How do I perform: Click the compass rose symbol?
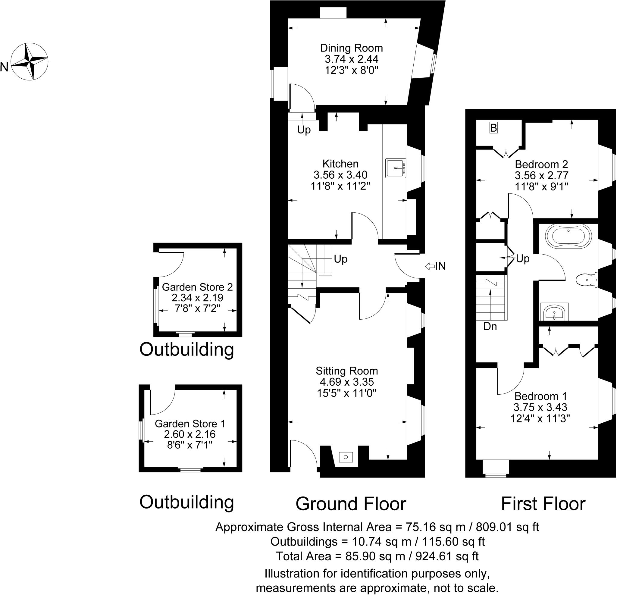[x=29, y=62]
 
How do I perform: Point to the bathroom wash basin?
[x=554, y=312]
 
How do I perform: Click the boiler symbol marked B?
[x=493, y=128]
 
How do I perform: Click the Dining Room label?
[x=351, y=48]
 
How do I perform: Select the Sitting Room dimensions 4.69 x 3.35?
[x=346, y=382]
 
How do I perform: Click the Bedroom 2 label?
[x=541, y=164]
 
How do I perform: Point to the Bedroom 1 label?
[x=540, y=396]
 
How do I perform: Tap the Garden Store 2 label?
[x=197, y=287]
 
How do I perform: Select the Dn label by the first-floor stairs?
[x=490, y=327]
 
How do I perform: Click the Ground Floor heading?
[x=351, y=504]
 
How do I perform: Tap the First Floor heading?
[x=543, y=504]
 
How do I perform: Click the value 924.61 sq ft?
[x=447, y=556]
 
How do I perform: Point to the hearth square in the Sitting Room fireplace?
[x=346, y=457]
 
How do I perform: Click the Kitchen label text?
[x=340, y=164]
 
